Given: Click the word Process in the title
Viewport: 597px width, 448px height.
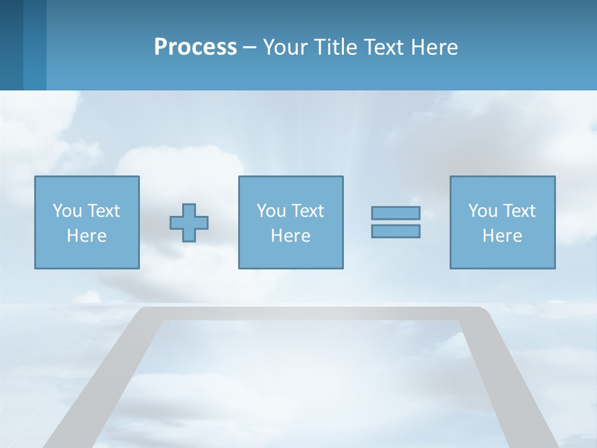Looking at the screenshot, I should coord(195,47).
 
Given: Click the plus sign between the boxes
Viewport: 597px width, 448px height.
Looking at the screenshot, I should coord(189,222).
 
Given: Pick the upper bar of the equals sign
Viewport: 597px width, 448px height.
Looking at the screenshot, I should coord(396,213).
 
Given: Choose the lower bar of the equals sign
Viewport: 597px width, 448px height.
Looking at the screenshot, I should coord(396,231).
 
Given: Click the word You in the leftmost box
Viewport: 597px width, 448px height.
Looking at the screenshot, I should coord(67,211).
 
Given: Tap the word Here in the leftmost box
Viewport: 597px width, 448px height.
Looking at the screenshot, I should coord(86,236).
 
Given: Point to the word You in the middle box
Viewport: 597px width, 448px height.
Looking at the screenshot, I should coord(271,211).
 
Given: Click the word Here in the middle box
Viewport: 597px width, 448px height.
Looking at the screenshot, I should coord(290,236).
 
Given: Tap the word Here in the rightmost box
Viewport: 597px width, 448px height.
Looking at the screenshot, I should coord(502,236).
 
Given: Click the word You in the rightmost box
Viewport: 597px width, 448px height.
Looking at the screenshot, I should coord(483,211).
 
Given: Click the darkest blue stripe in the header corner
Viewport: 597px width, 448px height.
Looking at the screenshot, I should coord(11,45).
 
